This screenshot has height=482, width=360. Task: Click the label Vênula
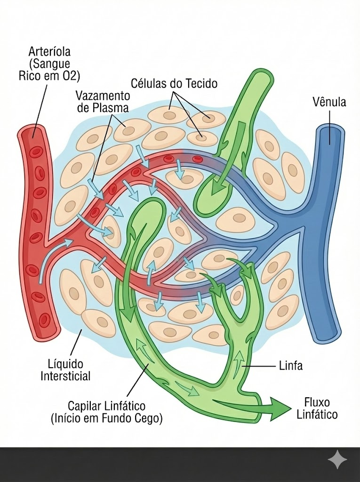pos(329,102)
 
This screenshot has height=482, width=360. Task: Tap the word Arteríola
pos(49,51)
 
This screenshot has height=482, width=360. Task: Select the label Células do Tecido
pos(174,83)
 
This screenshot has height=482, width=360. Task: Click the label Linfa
pos(291,366)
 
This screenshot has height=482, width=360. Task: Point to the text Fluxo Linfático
pos(317,408)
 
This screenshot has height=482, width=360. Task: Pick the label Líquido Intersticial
pos(65,370)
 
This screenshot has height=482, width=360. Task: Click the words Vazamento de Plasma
pos(103,102)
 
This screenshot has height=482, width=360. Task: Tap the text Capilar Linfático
pos(106,406)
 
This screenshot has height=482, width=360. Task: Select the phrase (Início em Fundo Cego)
pos(106,418)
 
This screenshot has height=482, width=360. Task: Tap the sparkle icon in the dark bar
pos(337,459)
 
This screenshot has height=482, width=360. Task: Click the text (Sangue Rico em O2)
pos(49,70)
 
